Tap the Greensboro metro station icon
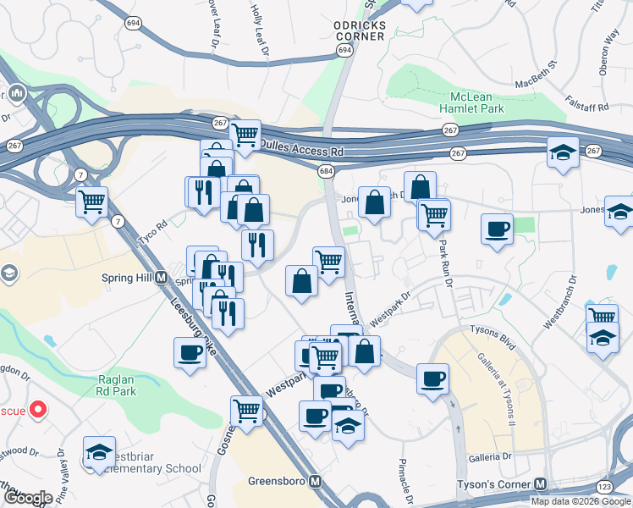point(316,482)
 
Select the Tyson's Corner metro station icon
point(540,483)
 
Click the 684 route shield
point(327,172)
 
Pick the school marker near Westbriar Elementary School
point(99,451)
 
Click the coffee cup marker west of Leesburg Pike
point(190,352)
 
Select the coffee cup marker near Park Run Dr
point(497,228)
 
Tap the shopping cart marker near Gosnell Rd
point(246,411)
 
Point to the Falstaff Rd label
point(592,108)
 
